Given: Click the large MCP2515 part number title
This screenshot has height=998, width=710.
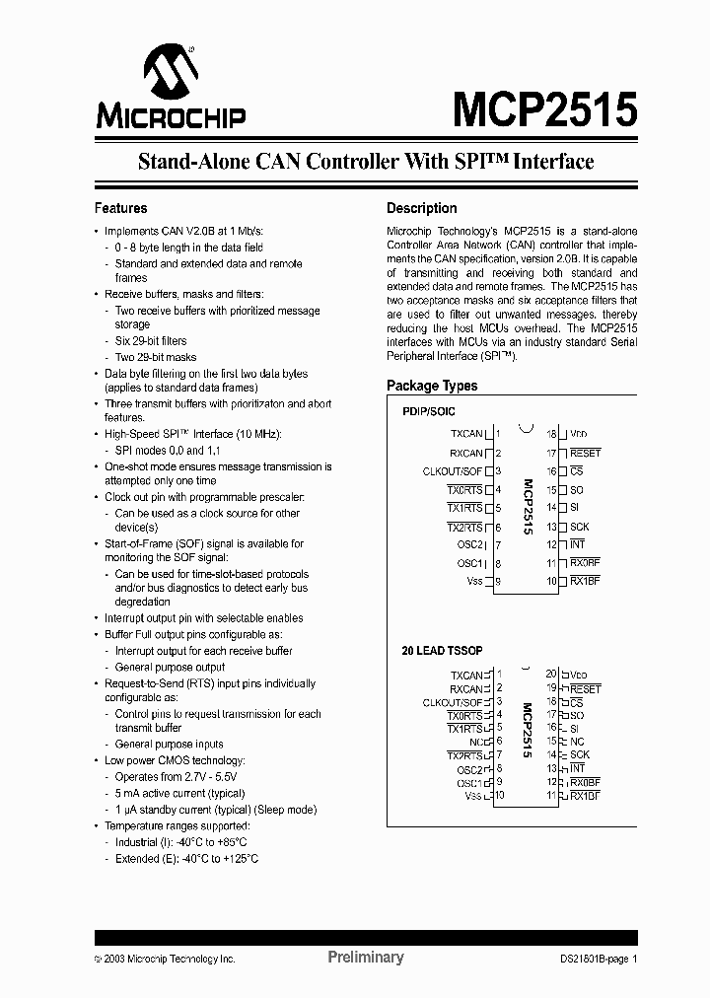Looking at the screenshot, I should [544, 109].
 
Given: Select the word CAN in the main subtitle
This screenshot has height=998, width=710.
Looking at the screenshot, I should [283, 162].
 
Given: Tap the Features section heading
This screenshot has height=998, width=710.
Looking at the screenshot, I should [120, 208].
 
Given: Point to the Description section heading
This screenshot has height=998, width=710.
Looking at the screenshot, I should [421, 208].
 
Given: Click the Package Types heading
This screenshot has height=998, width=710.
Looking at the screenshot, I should [432, 386].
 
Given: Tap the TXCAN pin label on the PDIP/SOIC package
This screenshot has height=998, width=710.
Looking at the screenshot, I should [466, 434].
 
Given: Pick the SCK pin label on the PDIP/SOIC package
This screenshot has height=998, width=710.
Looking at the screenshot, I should [579, 527].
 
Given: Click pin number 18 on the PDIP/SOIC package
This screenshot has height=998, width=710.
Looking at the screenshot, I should [552, 434].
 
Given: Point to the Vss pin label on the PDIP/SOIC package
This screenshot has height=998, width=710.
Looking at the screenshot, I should [474, 582].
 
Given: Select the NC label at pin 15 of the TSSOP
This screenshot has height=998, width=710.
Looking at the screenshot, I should [577, 742].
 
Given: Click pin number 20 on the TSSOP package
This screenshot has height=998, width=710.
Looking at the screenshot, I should [551, 673].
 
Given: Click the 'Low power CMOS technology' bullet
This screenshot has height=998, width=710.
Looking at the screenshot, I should [175, 760].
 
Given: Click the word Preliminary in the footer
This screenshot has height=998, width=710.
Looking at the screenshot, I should [365, 958].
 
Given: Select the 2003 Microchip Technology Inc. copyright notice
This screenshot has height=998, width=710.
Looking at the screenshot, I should [165, 959].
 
